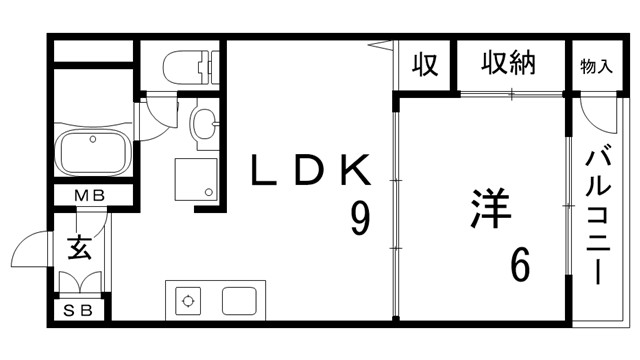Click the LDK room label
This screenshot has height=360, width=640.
[x=310, y=171]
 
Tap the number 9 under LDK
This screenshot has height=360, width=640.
[x=358, y=219]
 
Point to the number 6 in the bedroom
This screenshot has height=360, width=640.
[x=520, y=264]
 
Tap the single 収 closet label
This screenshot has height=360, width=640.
[x=423, y=66]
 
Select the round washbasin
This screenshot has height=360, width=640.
[x=202, y=126]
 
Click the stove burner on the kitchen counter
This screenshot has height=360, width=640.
[x=187, y=299]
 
